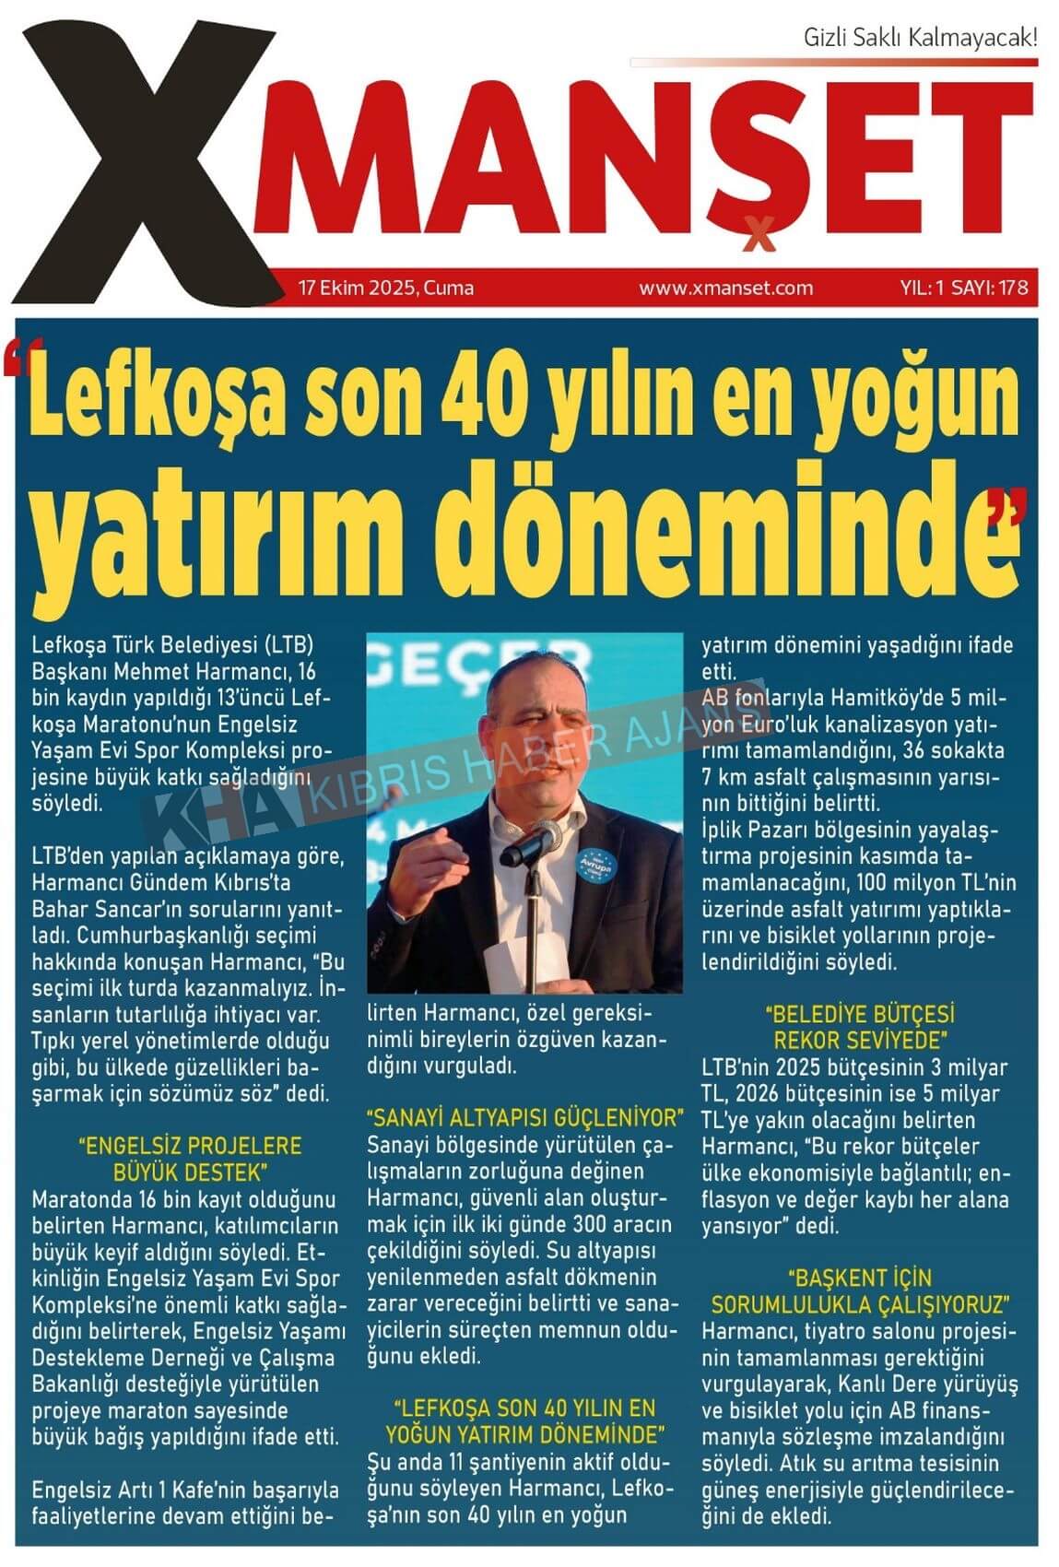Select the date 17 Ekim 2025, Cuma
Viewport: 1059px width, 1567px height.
(385, 288)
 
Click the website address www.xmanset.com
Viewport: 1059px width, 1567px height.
(725, 288)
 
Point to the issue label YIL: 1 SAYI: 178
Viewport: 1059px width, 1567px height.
(962, 288)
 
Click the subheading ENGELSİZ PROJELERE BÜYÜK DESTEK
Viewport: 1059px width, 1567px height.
(190, 1160)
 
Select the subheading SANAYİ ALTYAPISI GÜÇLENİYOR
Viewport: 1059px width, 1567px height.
(524, 1119)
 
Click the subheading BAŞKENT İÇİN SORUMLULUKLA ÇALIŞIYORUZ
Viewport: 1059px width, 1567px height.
(860, 1291)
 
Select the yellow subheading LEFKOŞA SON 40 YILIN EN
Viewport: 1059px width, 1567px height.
(524, 1408)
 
